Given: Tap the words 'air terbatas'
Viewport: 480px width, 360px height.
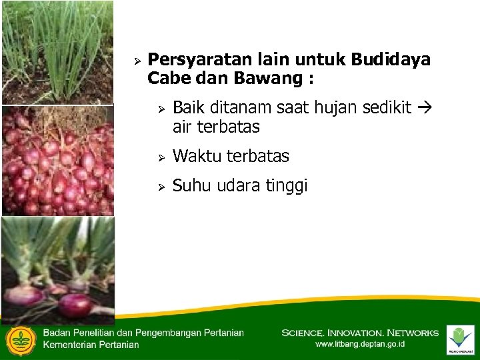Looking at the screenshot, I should tap(215, 127).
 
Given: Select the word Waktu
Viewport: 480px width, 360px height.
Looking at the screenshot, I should tap(197, 157).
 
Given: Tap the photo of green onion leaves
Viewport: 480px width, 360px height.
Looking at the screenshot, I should tap(57, 51).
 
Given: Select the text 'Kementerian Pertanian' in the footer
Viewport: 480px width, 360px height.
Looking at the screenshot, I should tap(91, 345).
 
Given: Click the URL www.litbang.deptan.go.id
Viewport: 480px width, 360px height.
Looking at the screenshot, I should tap(360, 344).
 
